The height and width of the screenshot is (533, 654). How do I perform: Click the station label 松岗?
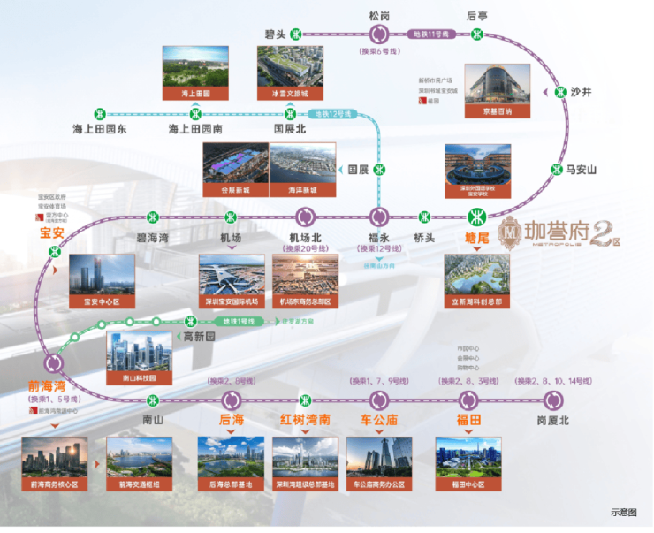[x=379, y=15]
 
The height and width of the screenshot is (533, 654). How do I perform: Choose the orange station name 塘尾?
[x=476, y=237]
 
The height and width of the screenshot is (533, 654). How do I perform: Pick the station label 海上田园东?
[x=100, y=130]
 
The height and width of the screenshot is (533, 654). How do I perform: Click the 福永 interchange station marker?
[x=379, y=217]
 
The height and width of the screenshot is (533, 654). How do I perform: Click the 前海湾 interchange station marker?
[x=53, y=362]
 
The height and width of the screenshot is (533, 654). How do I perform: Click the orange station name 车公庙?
[x=378, y=419]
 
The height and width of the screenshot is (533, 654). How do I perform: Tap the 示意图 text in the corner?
[x=623, y=512]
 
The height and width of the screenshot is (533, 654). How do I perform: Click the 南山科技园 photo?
[x=139, y=357]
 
